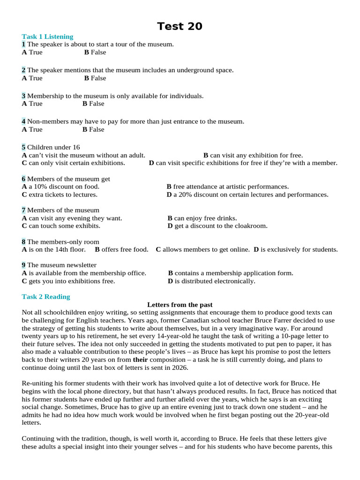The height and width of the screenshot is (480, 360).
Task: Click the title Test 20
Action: click(x=180, y=26)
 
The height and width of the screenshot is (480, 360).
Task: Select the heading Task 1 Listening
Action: click(x=47, y=37)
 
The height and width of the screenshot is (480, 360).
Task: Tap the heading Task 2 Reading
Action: click(x=45, y=297)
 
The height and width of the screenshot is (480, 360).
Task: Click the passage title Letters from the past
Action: click(x=180, y=305)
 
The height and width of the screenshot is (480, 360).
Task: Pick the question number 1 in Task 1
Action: click(x=23, y=44)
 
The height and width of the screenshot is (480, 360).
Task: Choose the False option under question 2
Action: click(x=95, y=78)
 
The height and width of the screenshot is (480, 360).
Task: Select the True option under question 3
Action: click(x=32, y=104)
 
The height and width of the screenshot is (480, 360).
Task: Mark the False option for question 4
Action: click(x=93, y=129)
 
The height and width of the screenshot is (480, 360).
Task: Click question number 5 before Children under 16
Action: click(x=23, y=147)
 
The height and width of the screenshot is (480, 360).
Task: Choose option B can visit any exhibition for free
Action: click(x=253, y=155)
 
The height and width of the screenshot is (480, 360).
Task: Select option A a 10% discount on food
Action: click(x=60, y=187)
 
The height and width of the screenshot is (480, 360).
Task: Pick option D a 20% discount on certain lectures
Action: click(x=247, y=195)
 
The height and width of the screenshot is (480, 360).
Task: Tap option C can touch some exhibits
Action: click(x=60, y=226)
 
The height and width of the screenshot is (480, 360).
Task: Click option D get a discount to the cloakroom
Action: click(x=217, y=226)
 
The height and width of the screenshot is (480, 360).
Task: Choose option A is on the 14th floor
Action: click(x=53, y=249)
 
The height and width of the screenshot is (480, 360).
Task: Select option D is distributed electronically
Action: click(x=211, y=281)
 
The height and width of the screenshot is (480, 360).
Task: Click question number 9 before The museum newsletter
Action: click(x=23, y=265)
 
